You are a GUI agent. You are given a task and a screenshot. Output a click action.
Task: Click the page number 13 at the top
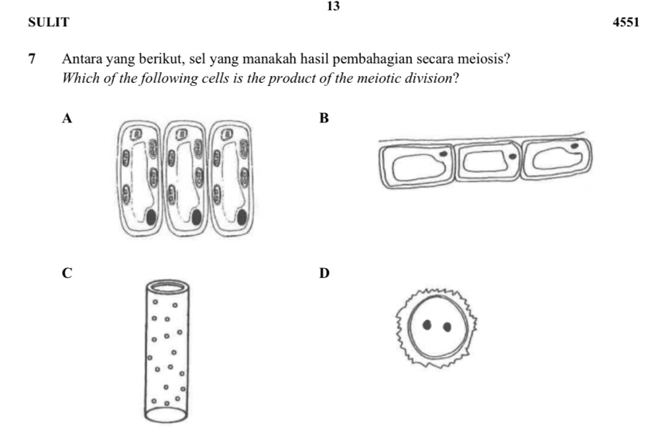click(x=333, y=6)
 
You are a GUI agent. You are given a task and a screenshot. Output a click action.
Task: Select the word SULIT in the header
click(x=48, y=23)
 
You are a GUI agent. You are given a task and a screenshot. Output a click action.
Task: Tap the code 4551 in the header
click(x=626, y=23)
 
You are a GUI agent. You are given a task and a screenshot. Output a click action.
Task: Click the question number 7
click(x=32, y=59)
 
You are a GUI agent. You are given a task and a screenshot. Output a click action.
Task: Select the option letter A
click(x=68, y=119)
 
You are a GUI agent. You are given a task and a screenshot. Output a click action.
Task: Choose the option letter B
click(x=324, y=119)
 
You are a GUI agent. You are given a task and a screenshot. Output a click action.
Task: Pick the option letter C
click(x=68, y=273)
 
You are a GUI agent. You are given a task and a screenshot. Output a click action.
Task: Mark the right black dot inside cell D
click(x=447, y=326)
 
